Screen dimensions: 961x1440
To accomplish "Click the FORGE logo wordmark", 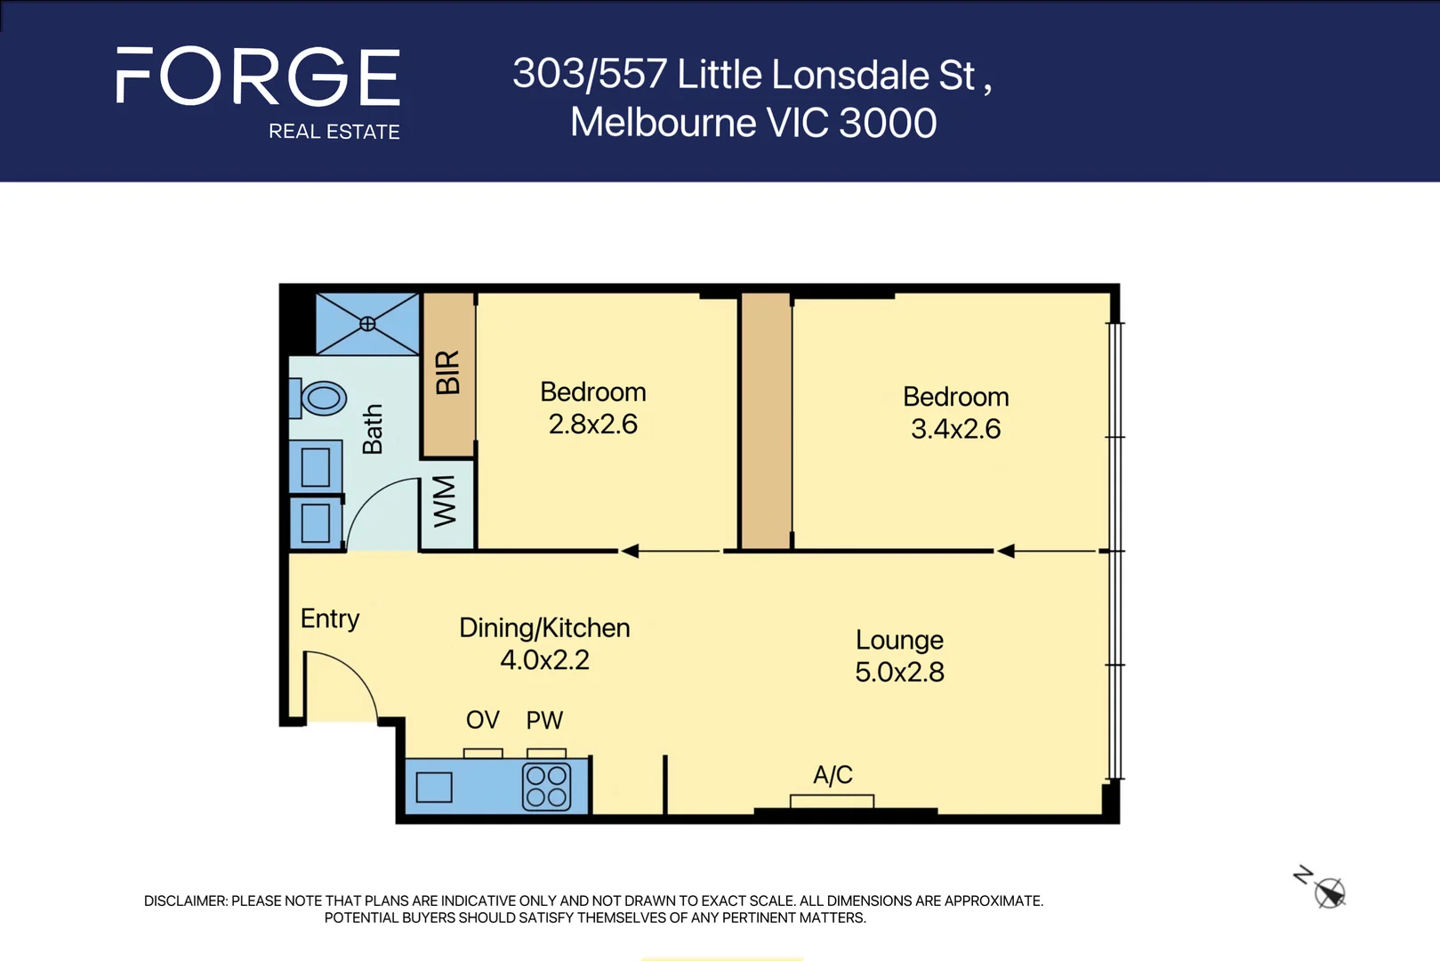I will [x=258, y=77].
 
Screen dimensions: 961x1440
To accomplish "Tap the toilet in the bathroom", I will [x=322, y=398].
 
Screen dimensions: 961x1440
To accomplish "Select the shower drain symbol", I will [x=367, y=324].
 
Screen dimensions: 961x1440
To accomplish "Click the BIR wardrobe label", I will [x=447, y=372].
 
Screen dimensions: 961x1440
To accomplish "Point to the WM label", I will [x=445, y=501].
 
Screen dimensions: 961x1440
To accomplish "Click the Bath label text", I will [x=373, y=429].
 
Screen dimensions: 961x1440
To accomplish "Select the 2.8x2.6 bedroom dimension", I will [x=592, y=424].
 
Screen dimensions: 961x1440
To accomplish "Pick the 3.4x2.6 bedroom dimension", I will [x=955, y=429].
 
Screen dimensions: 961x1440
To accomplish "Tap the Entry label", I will [x=330, y=618].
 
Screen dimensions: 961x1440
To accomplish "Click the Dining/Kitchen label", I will [x=544, y=628].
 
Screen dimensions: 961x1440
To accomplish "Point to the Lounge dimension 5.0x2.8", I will [x=899, y=672].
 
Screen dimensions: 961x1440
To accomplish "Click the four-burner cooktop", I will [x=546, y=786].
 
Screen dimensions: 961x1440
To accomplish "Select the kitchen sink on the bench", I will [x=434, y=787].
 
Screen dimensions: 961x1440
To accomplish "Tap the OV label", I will [x=483, y=720].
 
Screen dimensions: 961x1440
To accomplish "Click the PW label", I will [x=544, y=720].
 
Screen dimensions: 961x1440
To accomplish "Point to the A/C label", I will [x=833, y=775].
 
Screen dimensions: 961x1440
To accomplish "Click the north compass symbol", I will [x=1329, y=892].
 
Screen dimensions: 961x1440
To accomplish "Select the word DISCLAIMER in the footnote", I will [x=185, y=900].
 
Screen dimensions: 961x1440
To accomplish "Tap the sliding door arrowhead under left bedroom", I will [x=630, y=551].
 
